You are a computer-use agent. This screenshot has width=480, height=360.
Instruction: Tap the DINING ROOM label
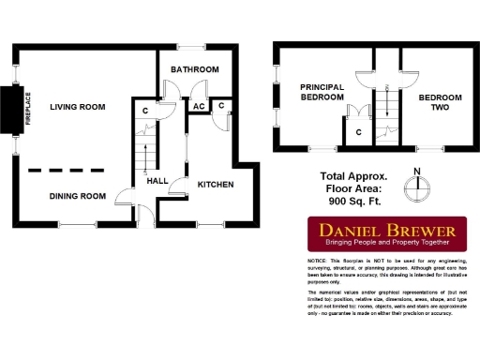[77, 196]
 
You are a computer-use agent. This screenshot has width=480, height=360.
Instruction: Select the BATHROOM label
[194, 69]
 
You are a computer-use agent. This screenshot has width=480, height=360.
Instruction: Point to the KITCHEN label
[215, 185]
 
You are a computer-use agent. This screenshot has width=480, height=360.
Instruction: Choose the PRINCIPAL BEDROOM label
[322, 92]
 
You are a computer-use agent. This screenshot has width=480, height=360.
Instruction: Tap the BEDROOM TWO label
[440, 101]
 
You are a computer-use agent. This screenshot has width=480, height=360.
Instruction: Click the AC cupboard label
[199, 106]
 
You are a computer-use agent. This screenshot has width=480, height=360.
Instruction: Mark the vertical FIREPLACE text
[27, 109]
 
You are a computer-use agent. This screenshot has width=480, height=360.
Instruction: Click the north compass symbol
[419, 185]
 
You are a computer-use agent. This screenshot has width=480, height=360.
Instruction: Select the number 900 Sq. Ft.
[353, 201]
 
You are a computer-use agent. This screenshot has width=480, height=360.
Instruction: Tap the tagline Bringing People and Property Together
[387, 243]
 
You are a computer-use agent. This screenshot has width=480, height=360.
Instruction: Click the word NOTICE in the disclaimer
[317, 260]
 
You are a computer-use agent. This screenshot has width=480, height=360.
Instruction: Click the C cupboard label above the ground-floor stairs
[144, 112]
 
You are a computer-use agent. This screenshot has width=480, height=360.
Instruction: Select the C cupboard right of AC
[221, 105]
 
